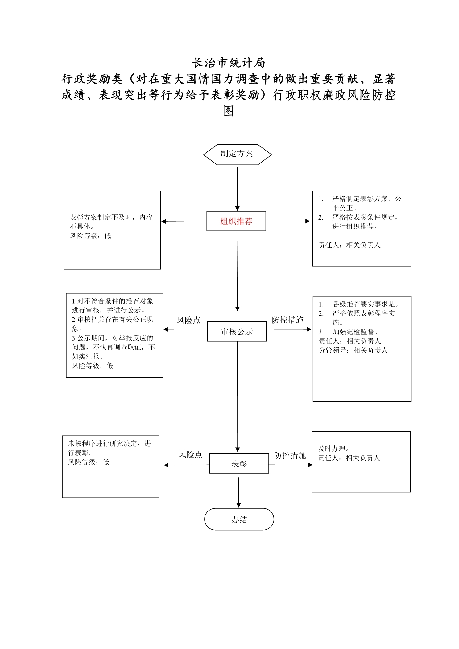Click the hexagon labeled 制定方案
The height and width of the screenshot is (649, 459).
point(237,154)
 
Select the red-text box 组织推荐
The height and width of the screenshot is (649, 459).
point(236,221)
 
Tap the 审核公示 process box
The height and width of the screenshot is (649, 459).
point(237,331)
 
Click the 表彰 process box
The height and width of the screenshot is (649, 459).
point(239,463)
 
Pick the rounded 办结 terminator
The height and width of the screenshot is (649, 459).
point(239,519)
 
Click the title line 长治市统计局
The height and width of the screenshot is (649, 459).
point(229,63)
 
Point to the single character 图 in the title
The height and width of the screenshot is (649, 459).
point(229,111)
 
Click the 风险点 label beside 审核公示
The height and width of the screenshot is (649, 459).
point(188,320)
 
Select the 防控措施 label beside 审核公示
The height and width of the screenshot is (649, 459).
point(287,320)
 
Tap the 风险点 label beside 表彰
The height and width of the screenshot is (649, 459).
point(190,454)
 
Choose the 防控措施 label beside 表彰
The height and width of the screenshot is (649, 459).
point(290,455)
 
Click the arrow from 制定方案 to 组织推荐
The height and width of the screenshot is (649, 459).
point(237,189)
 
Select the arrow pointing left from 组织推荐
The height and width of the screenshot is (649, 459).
point(184,221)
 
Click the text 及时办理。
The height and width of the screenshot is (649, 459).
point(334,449)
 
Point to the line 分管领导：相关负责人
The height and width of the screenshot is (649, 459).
point(353,350)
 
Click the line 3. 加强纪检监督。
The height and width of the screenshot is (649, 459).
point(348,332)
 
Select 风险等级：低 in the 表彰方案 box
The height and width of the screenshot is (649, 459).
point(90,236)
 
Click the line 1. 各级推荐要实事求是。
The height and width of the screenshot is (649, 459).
point(359,304)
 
